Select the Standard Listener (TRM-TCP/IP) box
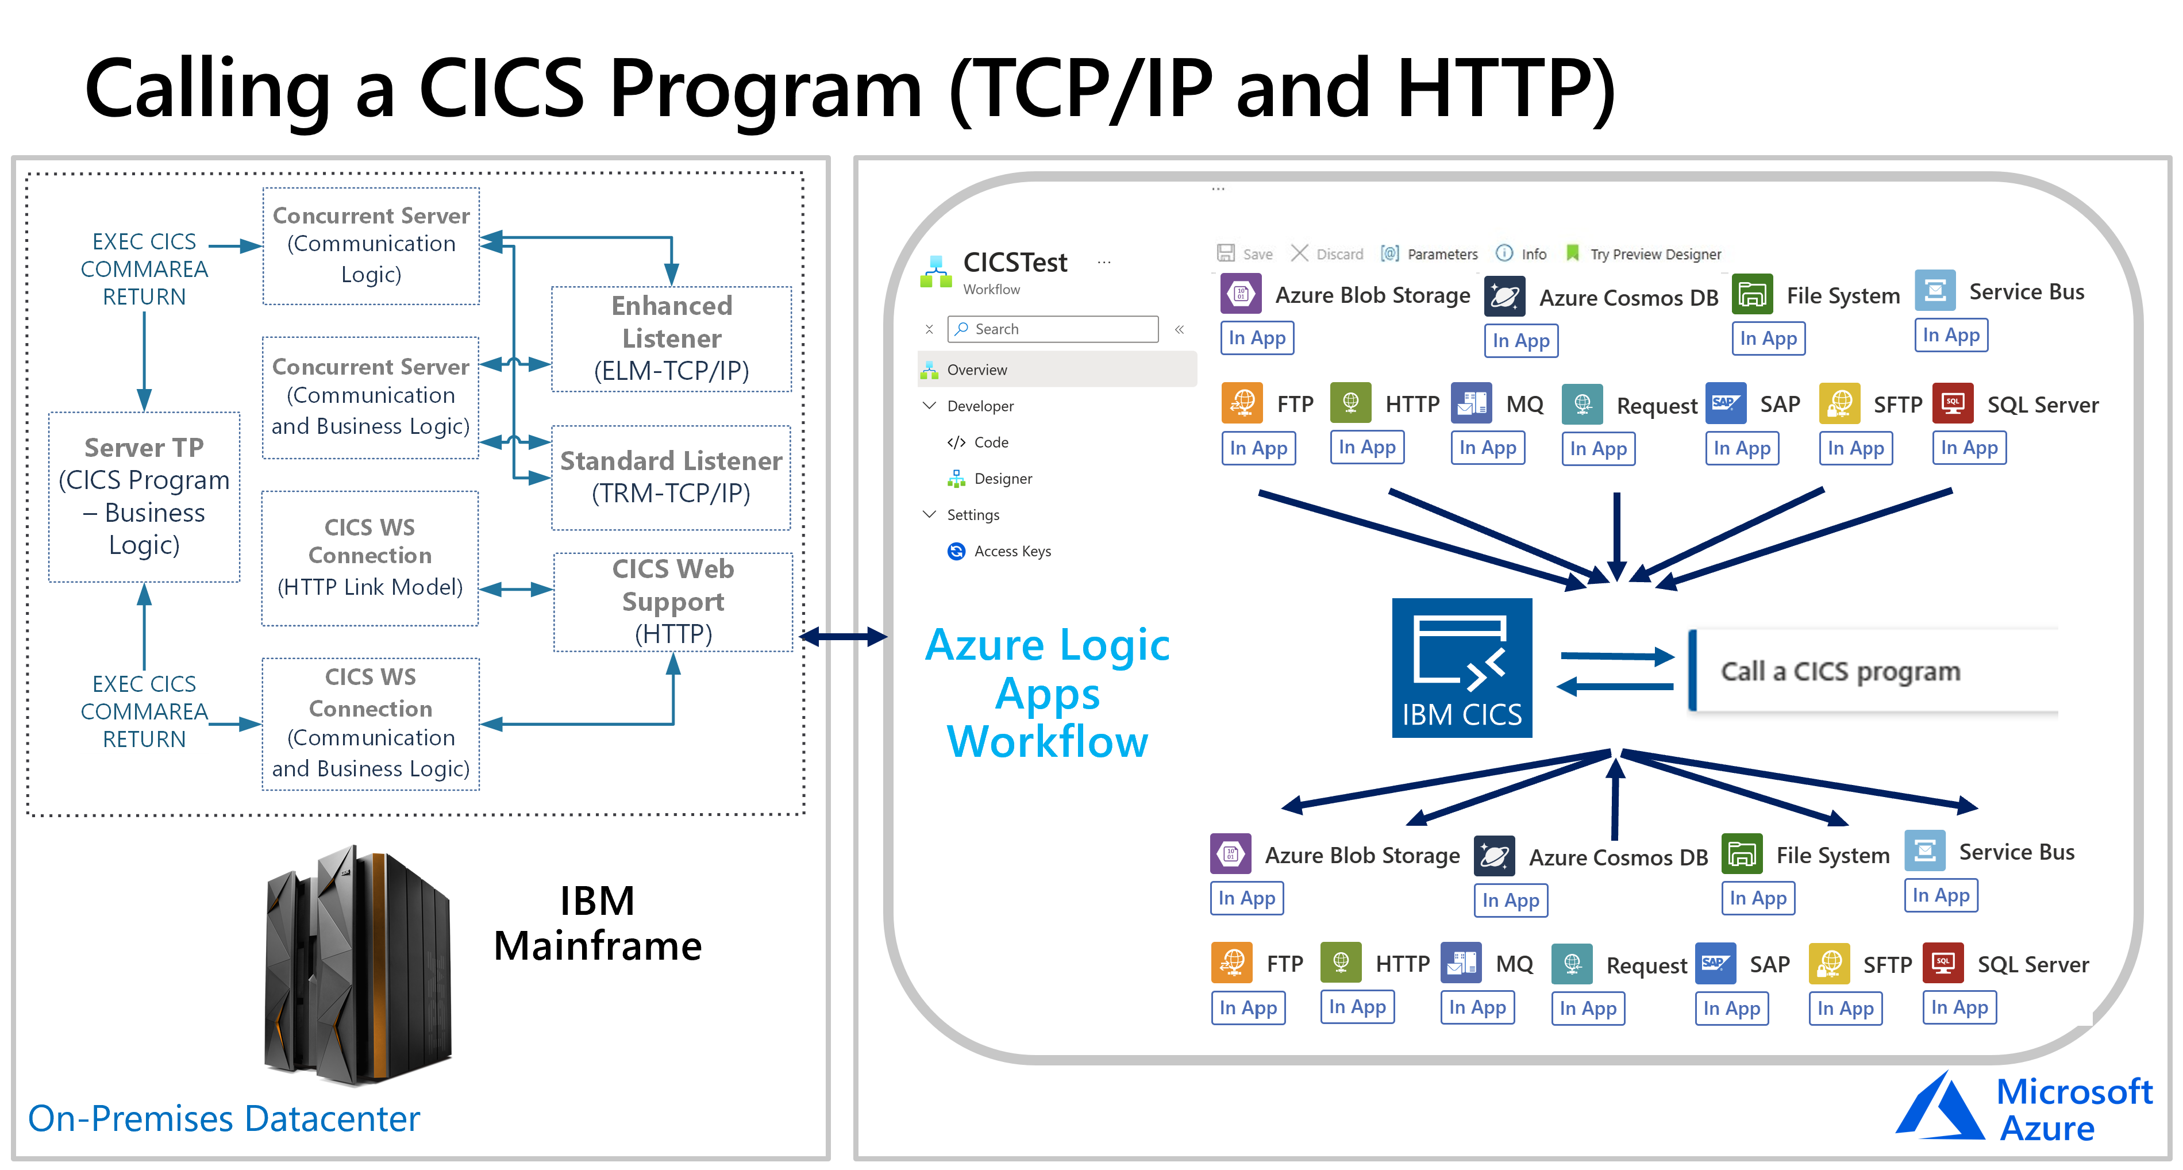671,477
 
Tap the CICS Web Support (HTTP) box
673,602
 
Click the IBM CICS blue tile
1462,668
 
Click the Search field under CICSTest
1053,329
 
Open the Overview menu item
976,370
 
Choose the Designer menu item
1003,479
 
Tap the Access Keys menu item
1012,552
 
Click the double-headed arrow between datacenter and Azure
842,636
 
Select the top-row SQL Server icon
1953,404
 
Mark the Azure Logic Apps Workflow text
1048,693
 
